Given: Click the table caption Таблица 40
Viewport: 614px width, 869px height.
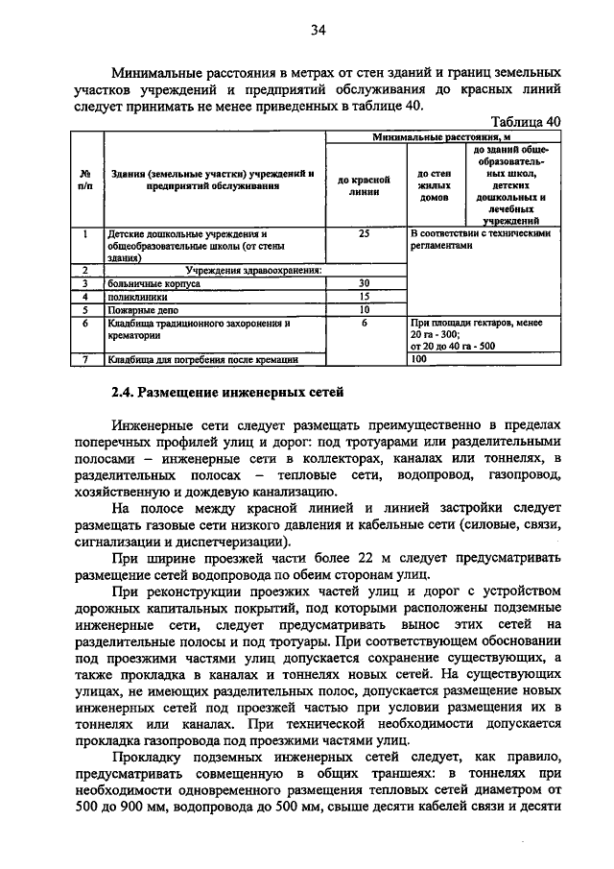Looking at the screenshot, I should click(525, 122).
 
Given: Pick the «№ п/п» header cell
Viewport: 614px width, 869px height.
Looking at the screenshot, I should click(85, 180).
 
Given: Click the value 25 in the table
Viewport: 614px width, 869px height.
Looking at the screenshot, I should click(364, 233).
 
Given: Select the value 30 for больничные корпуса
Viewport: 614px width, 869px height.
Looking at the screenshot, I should click(364, 284).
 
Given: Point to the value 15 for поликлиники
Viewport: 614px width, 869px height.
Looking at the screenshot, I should click(364, 298).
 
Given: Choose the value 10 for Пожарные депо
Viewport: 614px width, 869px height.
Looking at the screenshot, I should click(364, 310).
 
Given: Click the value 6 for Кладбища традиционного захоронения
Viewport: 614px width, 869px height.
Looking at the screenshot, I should click(364, 324).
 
